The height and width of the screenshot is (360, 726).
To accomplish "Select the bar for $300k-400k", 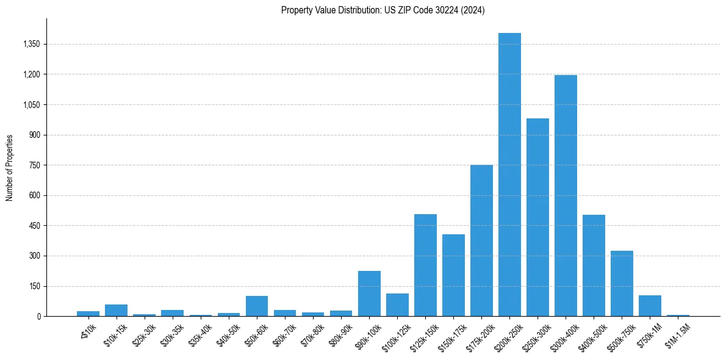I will coord(566,195).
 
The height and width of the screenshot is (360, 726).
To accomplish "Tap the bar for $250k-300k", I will coord(537,217).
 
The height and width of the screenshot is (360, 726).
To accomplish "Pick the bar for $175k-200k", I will coord(481,240).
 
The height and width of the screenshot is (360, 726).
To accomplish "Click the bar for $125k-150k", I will coord(425,265).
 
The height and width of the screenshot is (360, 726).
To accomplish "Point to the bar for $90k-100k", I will coord(369,293).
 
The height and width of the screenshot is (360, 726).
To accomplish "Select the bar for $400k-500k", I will coord(594,265).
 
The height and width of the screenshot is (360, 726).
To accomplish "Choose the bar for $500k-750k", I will coord(622,283).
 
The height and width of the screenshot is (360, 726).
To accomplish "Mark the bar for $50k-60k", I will coord(257,306).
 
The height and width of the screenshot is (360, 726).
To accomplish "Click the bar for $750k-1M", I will coord(650,306).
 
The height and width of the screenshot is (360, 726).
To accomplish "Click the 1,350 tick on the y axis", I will coord(31,45).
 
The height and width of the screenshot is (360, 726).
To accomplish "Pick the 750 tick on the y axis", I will coord(34,165).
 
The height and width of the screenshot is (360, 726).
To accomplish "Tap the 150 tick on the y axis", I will coord(34,286).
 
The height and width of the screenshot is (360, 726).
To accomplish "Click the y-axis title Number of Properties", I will coord(10,167).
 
